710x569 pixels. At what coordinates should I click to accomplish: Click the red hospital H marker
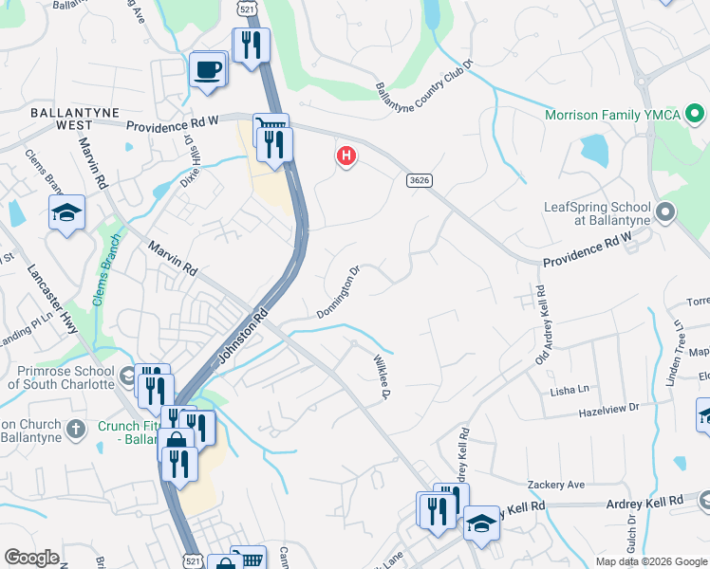pos(347,156)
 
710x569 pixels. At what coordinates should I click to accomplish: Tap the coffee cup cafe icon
pos(208,69)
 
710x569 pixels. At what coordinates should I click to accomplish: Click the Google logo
pos(31,558)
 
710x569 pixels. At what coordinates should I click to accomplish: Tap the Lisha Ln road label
pos(570,390)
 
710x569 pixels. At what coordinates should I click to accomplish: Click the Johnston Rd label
pos(239,336)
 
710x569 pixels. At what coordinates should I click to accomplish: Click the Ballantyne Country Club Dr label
pos(424,82)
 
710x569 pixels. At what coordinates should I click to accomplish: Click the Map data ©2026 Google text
pos(651,561)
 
